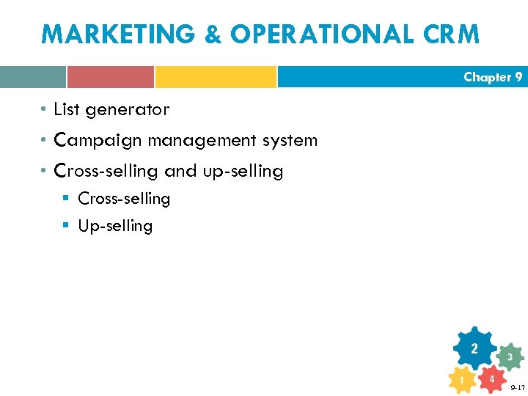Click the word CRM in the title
pyautogui.click(x=449, y=34)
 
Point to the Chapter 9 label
pyautogui.click(x=493, y=77)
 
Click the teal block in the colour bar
pyautogui.click(x=33, y=77)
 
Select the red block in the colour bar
pyautogui.click(x=111, y=77)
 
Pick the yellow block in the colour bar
pyautogui.click(x=216, y=77)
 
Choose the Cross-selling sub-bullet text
pyautogui.click(x=124, y=199)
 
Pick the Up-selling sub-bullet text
pyautogui.click(x=115, y=226)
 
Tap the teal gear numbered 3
pyautogui.click(x=510, y=357)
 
